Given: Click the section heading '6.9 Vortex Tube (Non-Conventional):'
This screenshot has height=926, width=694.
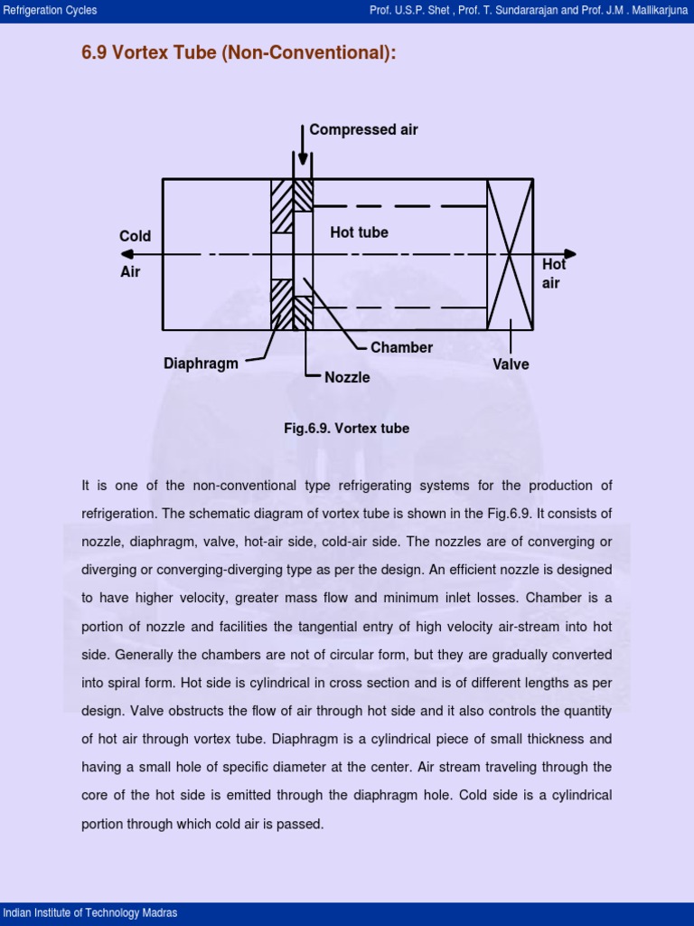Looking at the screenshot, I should tap(239, 53).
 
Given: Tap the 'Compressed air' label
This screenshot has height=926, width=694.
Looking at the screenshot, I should tap(363, 129).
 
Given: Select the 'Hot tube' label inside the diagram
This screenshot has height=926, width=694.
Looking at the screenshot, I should tap(359, 232).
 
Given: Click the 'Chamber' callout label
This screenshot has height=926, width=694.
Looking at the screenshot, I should tap(401, 347).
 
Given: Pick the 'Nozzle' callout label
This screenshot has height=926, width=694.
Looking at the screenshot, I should tap(347, 377).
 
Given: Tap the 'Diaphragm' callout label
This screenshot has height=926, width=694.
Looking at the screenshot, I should tap(201, 364).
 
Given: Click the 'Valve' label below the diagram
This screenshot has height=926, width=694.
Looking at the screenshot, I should tap(511, 364).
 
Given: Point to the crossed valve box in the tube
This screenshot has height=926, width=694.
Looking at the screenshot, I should tap(510, 254).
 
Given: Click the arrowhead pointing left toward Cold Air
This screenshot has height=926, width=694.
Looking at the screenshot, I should tap(127, 254).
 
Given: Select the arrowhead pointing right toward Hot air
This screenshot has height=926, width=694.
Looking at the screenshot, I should tap(569, 254).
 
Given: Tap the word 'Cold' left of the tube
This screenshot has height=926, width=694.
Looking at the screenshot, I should tap(136, 236).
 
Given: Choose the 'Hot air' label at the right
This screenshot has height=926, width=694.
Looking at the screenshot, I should tap(553, 273).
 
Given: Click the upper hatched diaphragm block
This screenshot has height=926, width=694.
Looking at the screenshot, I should tap(282, 206).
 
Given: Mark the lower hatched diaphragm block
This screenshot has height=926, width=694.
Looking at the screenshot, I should tap(282, 304).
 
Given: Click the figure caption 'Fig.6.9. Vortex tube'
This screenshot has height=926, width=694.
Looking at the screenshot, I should tap(346, 429).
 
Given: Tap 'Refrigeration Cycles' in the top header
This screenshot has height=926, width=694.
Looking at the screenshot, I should tap(51, 11).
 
